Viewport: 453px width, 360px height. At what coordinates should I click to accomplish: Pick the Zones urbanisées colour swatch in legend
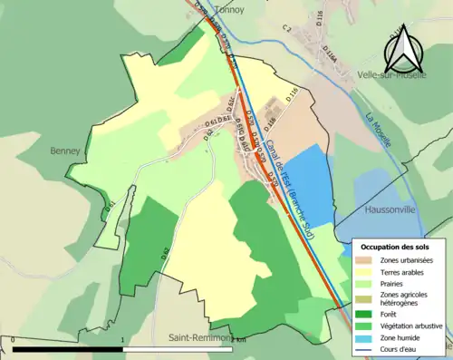click(366, 260)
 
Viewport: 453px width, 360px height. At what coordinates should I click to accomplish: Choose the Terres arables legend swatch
click(366, 271)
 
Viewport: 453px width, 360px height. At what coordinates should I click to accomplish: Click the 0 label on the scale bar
click(14, 341)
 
